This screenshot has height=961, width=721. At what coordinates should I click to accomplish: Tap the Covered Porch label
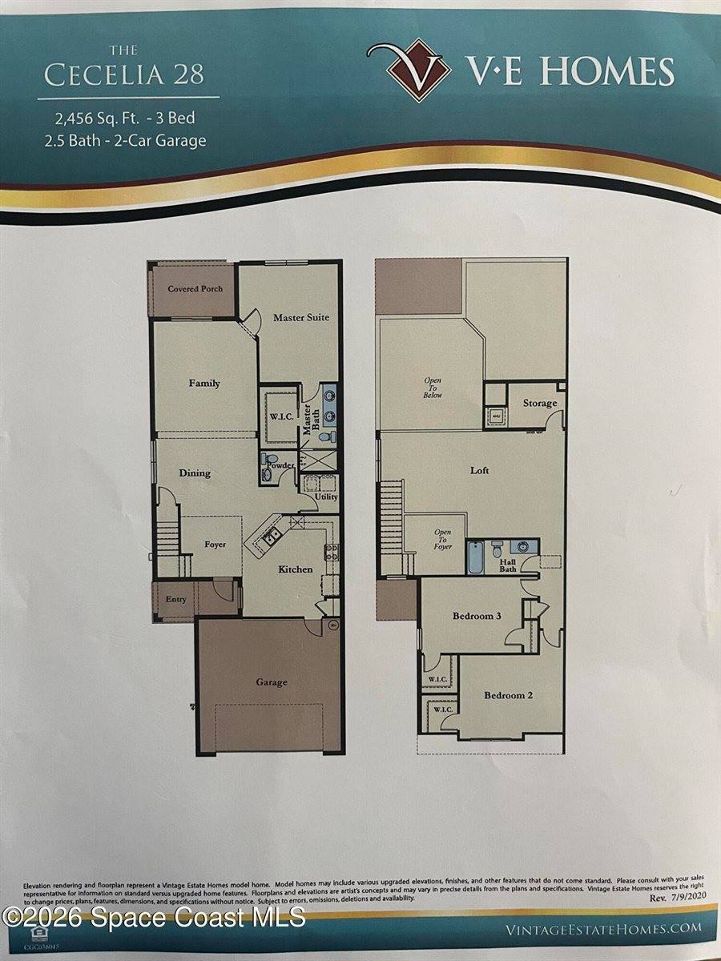point(195,289)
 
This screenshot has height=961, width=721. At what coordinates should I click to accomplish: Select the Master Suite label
point(301,318)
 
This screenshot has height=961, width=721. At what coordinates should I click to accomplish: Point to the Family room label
point(204,384)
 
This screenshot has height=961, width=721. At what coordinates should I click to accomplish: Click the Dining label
point(195,473)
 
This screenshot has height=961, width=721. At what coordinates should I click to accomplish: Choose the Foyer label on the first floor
point(215,545)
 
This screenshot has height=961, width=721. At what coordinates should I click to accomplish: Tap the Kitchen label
point(295,569)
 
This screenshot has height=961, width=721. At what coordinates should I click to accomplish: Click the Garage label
point(272,682)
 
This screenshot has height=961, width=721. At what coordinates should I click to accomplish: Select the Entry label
point(176,600)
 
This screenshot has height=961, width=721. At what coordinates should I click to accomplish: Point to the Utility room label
point(326,497)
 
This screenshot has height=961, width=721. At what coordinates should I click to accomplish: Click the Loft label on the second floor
point(479,471)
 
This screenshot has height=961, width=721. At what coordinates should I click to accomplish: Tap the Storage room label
point(539,403)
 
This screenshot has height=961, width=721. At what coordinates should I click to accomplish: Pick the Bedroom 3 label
point(477,616)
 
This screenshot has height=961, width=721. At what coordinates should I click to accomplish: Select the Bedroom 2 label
point(508,695)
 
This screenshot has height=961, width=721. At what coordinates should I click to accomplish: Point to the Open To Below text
point(433,388)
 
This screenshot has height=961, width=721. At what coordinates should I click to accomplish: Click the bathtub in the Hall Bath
point(476,557)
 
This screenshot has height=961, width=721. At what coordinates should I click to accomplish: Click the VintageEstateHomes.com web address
point(603,929)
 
